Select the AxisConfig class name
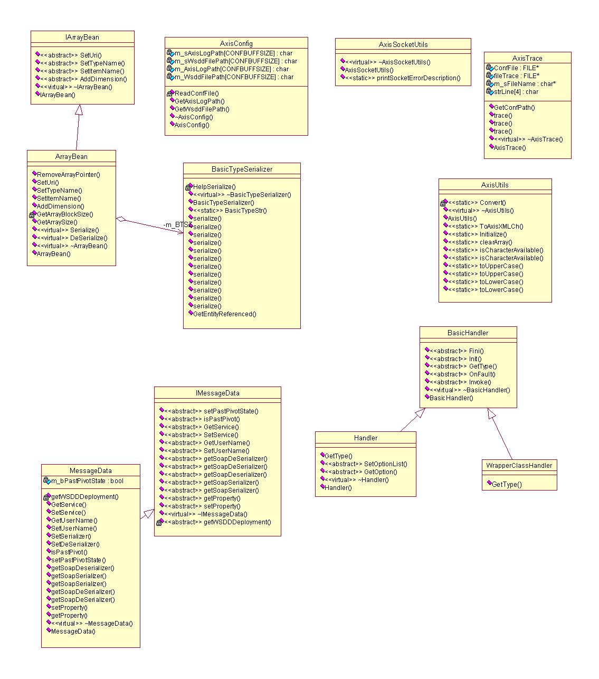(236, 43)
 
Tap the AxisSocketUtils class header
(403, 44)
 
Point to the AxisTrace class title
(527, 58)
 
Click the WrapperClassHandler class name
(519, 466)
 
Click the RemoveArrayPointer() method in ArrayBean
(68, 175)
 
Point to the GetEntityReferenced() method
(224, 314)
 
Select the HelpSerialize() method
(214, 187)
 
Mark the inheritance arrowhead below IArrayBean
(79, 109)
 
